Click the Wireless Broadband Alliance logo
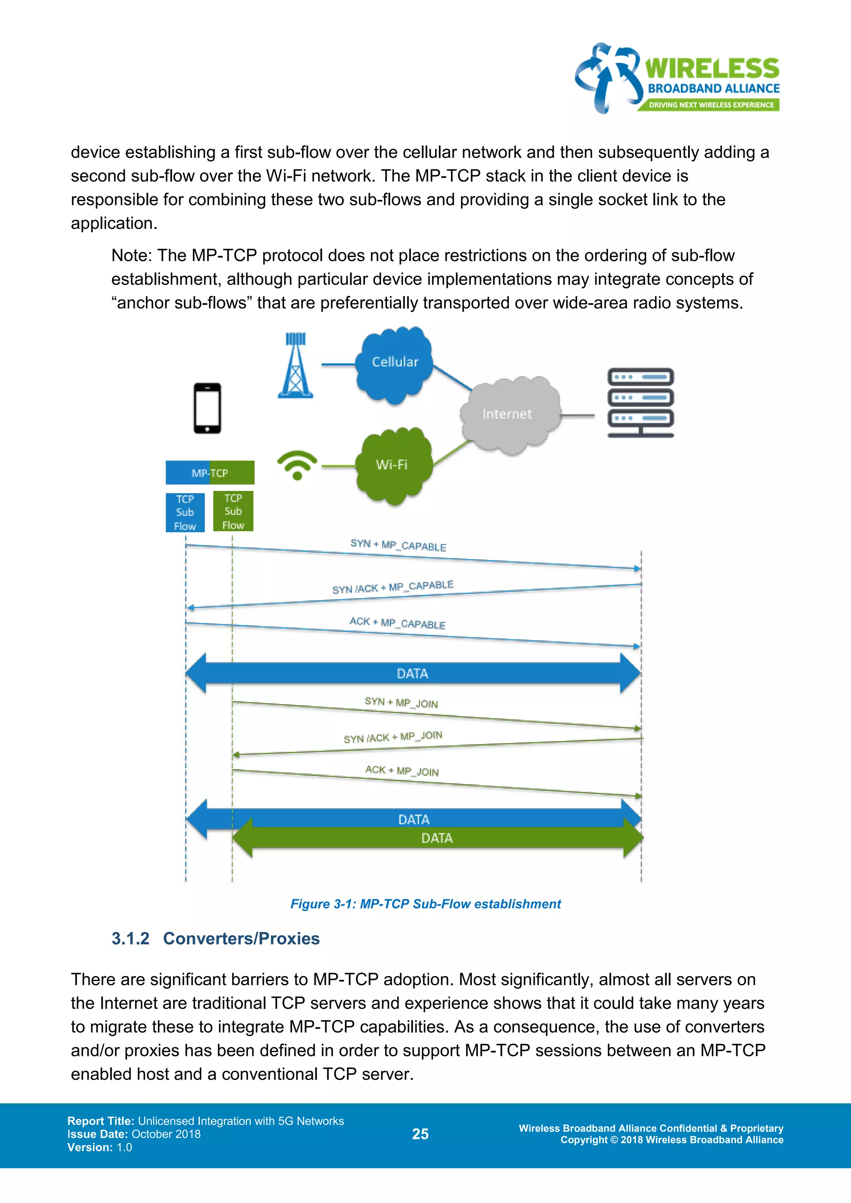[x=676, y=78]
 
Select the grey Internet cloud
[x=508, y=414]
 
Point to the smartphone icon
[x=207, y=408]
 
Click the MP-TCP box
[x=209, y=473]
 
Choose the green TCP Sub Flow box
[x=233, y=511]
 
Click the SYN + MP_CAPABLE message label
[x=398, y=545]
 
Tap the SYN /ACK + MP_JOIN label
[x=393, y=737]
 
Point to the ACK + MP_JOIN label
[x=402, y=770]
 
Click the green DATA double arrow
[x=437, y=838]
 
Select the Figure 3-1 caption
[x=425, y=904]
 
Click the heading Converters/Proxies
[x=241, y=938]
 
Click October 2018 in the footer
[x=166, y=1134]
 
